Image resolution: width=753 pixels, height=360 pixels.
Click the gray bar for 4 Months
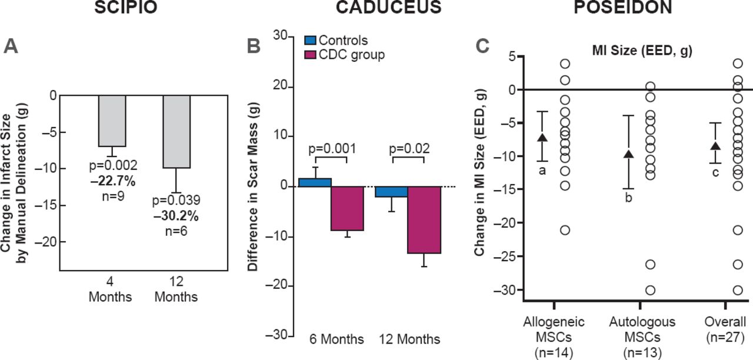pos(112,121)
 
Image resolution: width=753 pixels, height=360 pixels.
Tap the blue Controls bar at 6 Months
pos(315,182)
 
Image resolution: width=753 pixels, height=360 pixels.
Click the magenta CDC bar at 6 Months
pos(346,208)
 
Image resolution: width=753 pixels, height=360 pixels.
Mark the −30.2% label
pos(176,216)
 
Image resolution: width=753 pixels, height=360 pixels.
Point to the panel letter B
pos(253,46)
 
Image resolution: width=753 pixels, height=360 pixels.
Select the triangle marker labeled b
pos(628,154)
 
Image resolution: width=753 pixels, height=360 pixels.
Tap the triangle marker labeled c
pos(715,146)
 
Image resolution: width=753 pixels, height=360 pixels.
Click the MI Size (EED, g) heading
pos(641,51)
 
